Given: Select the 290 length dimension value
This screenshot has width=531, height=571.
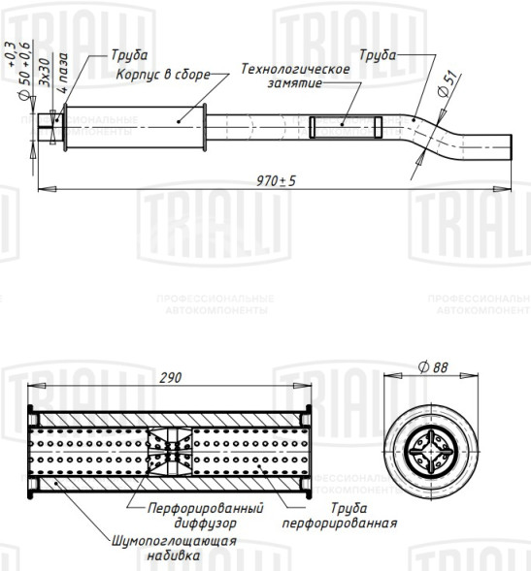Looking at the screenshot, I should click(170, 378).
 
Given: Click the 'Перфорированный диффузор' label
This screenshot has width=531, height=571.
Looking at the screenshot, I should click(205, 515).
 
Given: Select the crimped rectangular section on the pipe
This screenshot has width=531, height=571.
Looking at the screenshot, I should click(346, 126).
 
